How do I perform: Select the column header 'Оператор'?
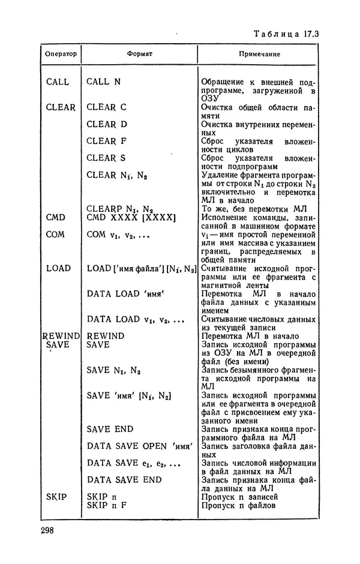point(61,54)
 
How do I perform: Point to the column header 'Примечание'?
point(259,54)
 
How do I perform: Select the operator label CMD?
point(55,217)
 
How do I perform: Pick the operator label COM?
point(55,234)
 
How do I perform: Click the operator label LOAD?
point(58,268)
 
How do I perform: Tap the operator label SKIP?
point(56,497)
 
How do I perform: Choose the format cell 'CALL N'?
point(104,82)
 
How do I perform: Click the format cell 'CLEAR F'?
point(106,141)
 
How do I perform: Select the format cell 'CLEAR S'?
point(106,158)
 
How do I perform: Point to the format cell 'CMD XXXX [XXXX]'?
point(131,217)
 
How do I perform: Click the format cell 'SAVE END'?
point(110,429)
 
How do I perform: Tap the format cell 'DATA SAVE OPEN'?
point(139,446)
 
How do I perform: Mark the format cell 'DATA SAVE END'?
point(124,480)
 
